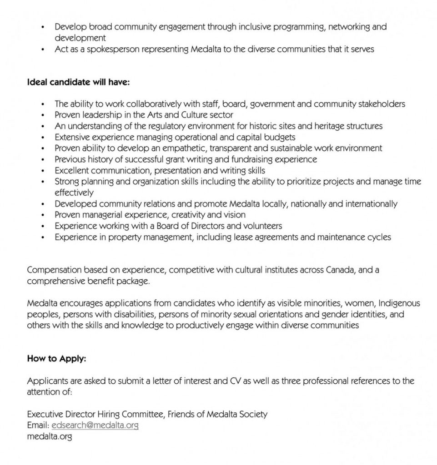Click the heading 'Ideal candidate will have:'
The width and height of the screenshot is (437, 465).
click(78, 82)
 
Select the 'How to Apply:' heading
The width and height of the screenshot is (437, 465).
click(56, 359)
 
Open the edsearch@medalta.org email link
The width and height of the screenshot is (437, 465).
click(95, 425)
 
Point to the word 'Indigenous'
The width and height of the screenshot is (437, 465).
click(399, 303)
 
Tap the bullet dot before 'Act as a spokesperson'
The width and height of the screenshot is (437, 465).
click(43, 49)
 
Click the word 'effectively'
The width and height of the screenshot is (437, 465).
click(74, 193)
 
